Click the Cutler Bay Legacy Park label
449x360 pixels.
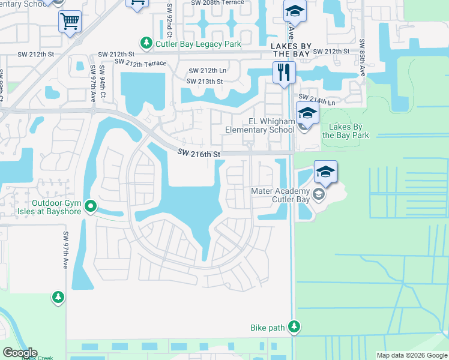tap(198, 44)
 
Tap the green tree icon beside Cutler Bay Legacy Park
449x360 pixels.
tap(146, 43)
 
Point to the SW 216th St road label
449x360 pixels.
tap(199, 154)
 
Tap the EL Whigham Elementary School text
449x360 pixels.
tap(260, 125)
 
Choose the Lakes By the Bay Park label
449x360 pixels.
tap(346, 131)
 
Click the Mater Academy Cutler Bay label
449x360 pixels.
tap(282, 195)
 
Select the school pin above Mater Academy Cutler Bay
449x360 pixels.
tap(325, 172)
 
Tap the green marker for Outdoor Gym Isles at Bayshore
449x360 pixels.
tap(91, 207)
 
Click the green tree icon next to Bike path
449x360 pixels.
tap(294, 327)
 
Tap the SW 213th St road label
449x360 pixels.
tap(205, 82)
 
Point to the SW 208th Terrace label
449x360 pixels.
tap(217, 2)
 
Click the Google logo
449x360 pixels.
tap(20, 353)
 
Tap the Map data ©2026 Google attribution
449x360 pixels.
tap(412, 355)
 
